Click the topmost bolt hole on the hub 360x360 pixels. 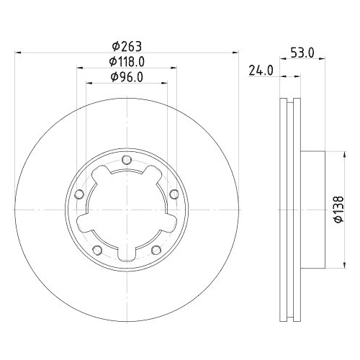(x=126, y=160)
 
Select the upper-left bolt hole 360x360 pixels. (x=79, y=193)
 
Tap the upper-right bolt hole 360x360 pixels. (x=174, y=193)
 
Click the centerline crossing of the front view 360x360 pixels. (x=126, y=210)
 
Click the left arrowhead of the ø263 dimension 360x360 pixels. (x=18, y=52)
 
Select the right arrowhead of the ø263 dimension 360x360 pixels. (x=235, y=52)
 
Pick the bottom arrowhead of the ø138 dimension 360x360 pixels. (x=332, y=268)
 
